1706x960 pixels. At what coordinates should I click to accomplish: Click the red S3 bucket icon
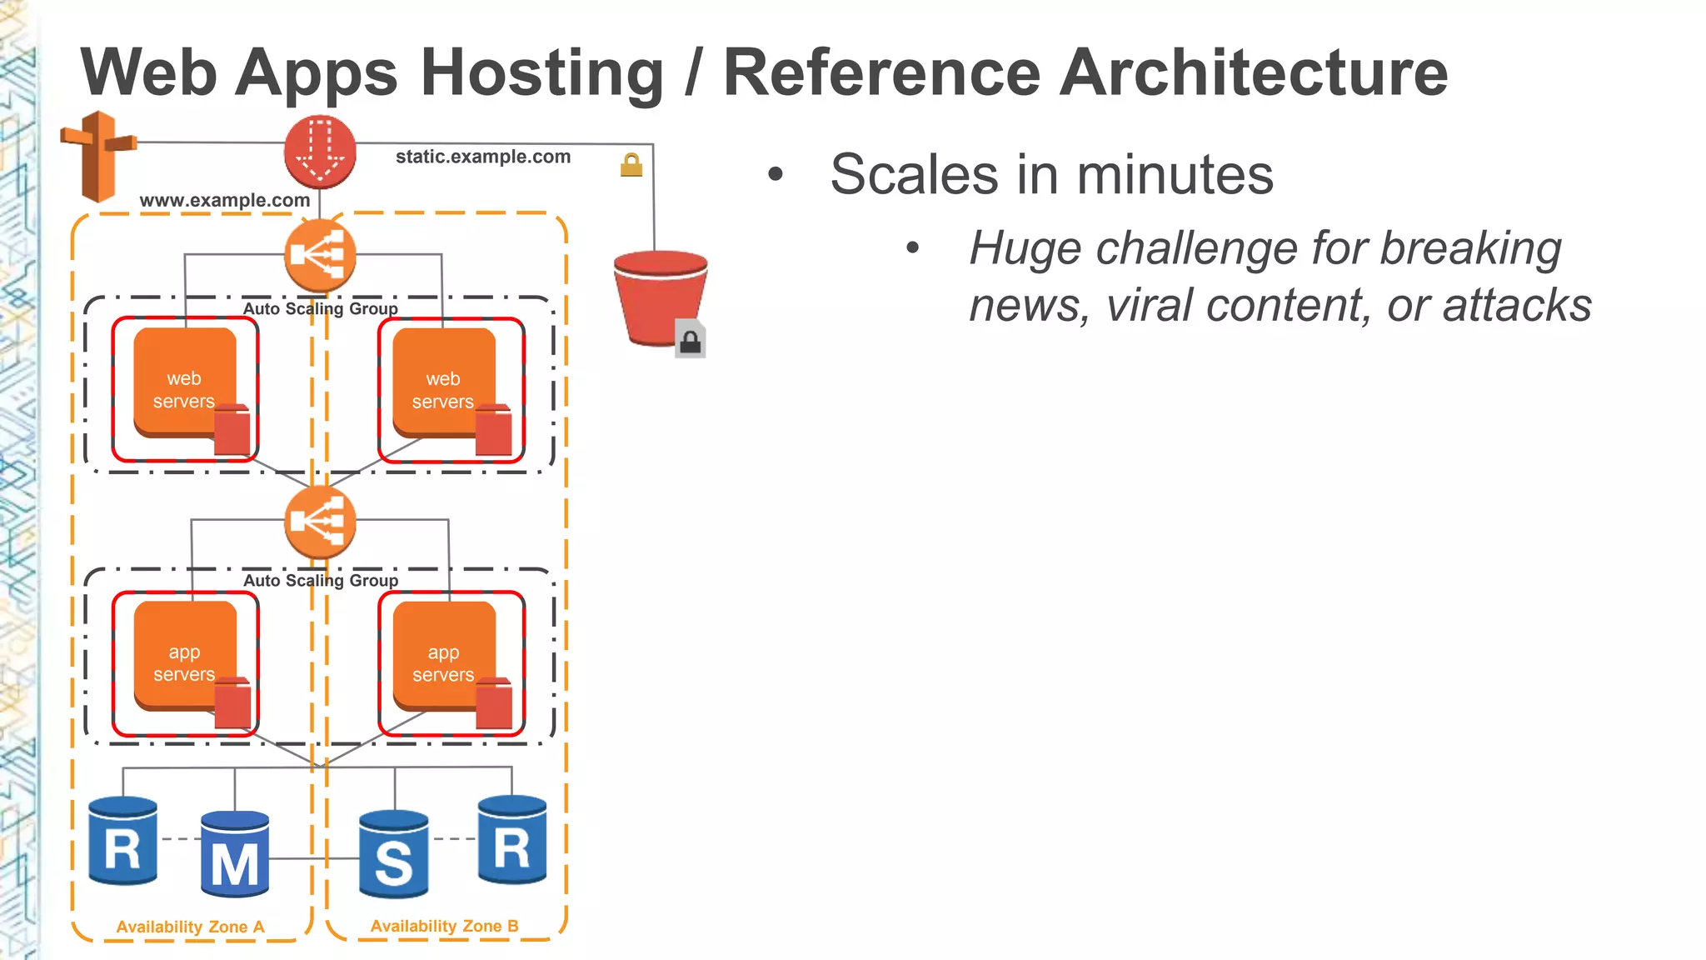coord(660,298)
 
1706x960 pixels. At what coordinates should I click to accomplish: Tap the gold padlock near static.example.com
coord(631,165)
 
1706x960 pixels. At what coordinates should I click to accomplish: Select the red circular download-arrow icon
coord(320,152)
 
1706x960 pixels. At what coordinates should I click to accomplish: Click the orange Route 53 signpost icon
coord(98,156)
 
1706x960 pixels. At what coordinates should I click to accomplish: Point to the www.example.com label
coord(225,200)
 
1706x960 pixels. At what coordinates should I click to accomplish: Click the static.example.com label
coord(483,157)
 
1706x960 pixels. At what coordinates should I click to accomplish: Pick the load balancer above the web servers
coord(320,255)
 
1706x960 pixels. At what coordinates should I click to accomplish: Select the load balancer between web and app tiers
coord(320,522)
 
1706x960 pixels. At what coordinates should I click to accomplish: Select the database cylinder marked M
coord(235,854)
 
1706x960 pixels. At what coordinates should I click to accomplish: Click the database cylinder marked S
coord(394,854)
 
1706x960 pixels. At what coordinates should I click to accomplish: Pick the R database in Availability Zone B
coord(512,840)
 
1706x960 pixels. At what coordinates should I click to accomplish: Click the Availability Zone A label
coord(190,927)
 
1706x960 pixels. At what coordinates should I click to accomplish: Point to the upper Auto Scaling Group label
coord(321,308)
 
